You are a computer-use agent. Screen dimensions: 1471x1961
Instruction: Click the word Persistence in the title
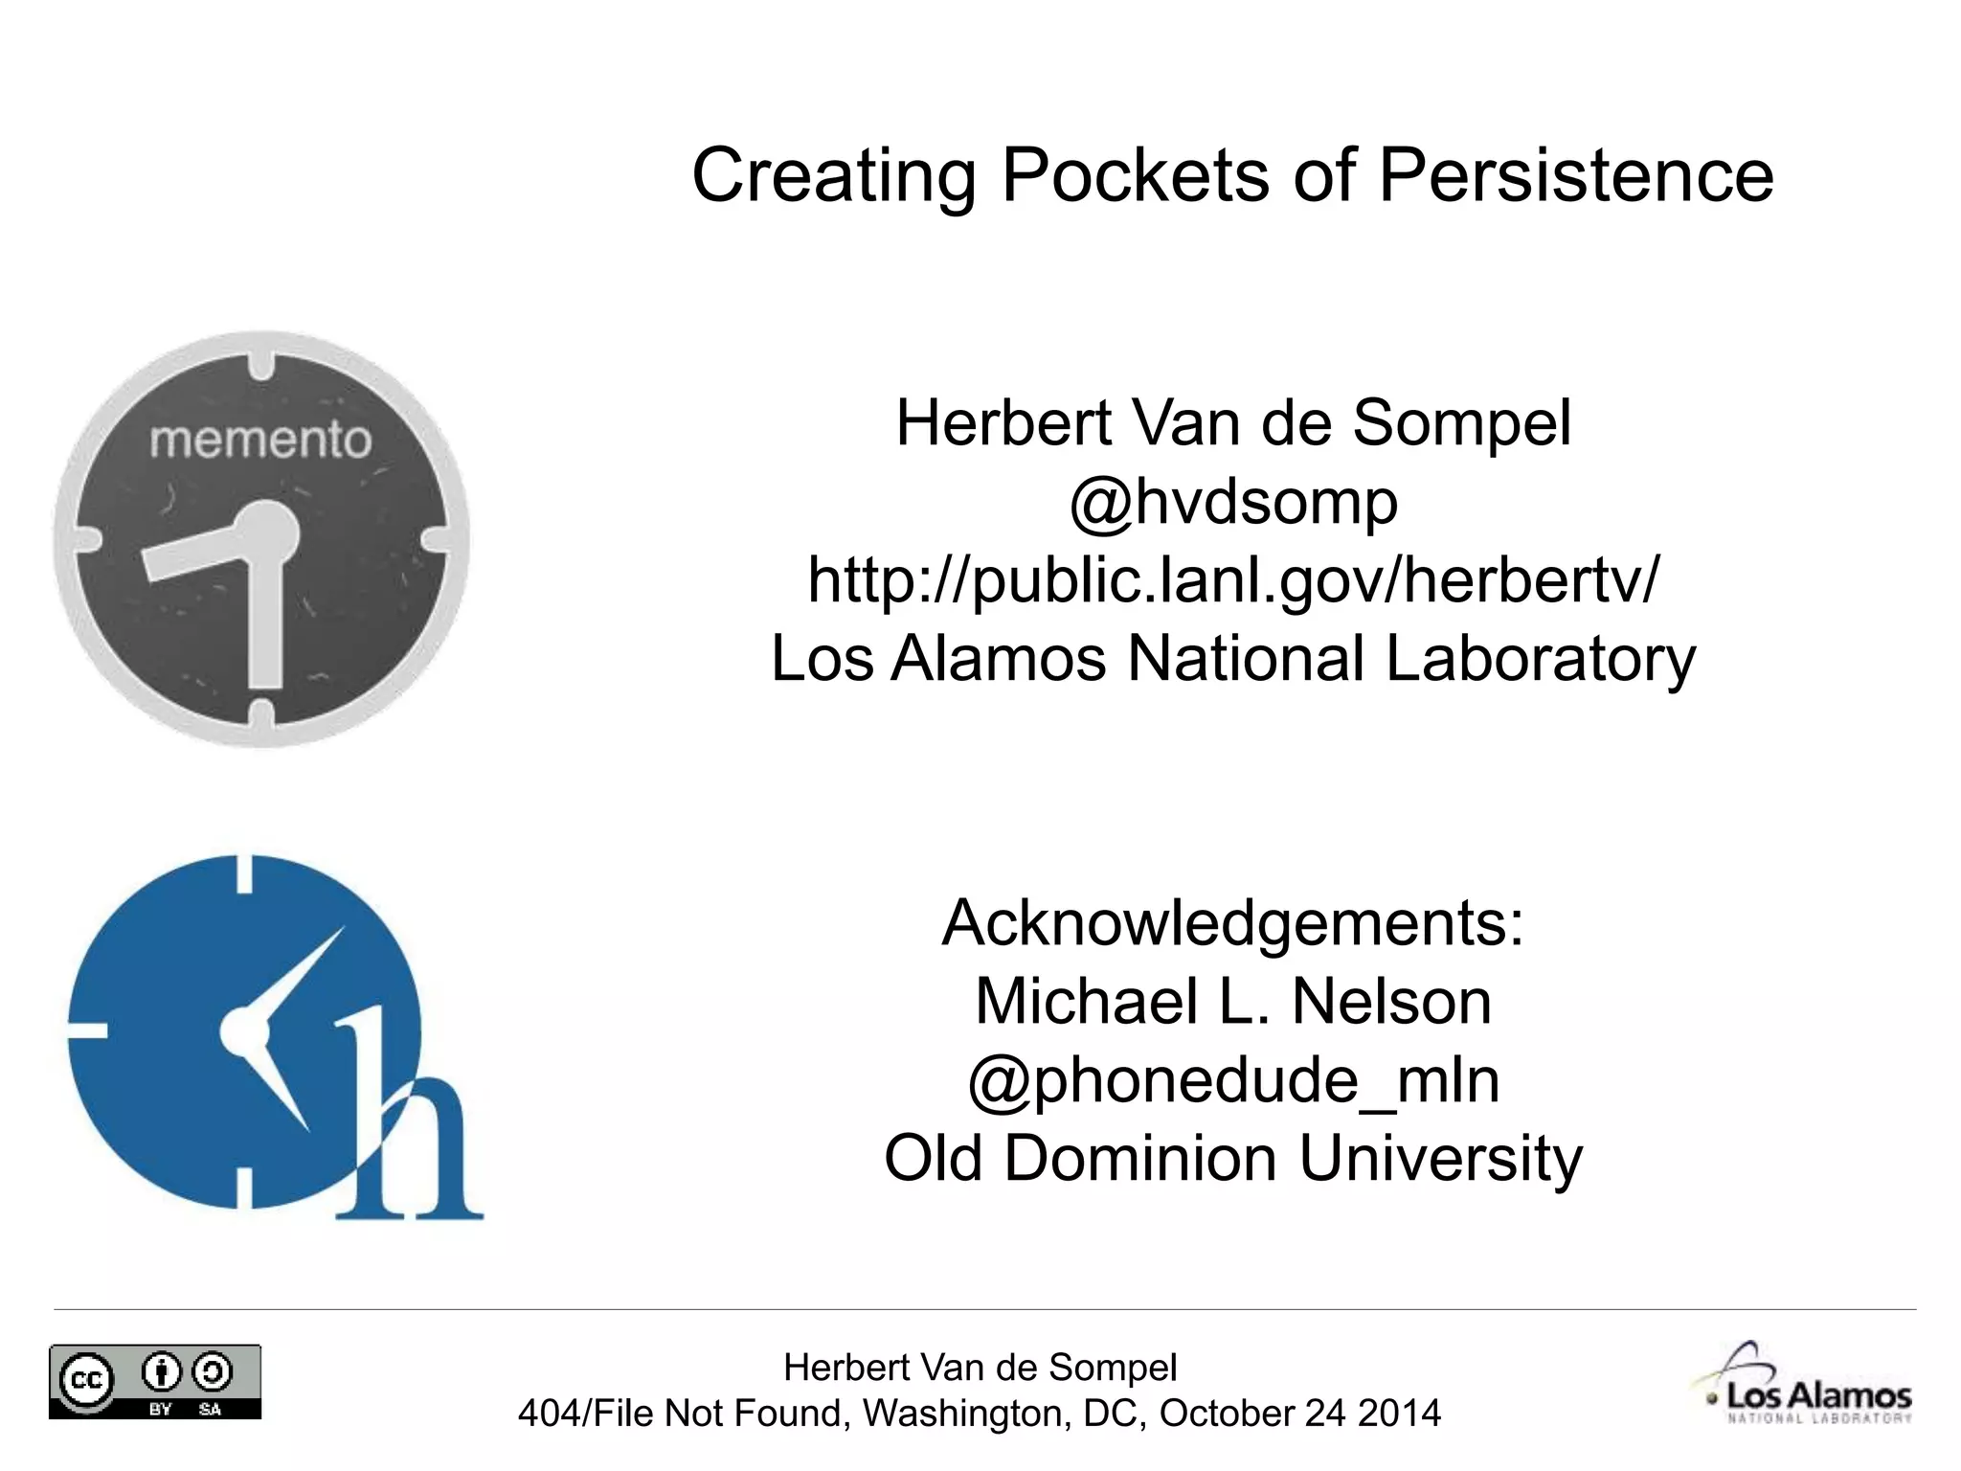click(x=1575, y=175)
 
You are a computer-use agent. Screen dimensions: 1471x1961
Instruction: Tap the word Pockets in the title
click(x=1135, y=175)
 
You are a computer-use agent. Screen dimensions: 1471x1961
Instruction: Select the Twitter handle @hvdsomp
click(x=1233, y=502)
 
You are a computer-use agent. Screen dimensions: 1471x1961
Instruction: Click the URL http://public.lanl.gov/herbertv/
click(x=1233, y=580)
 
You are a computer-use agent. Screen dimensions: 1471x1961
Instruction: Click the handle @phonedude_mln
click(x=1233, y=1080)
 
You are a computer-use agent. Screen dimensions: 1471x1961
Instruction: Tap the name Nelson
click(x=1391, y=1002)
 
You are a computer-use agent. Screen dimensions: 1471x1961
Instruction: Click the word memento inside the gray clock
click(x=260, y=441)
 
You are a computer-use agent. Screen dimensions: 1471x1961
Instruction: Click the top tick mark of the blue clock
click(x=244, y=873)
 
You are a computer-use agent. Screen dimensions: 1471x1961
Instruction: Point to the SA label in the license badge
click(x=210, y=1409)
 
